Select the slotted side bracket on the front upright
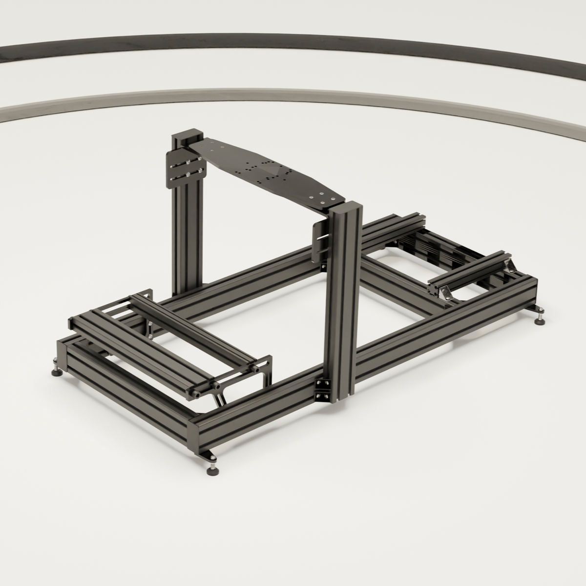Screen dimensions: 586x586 [320, 242]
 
